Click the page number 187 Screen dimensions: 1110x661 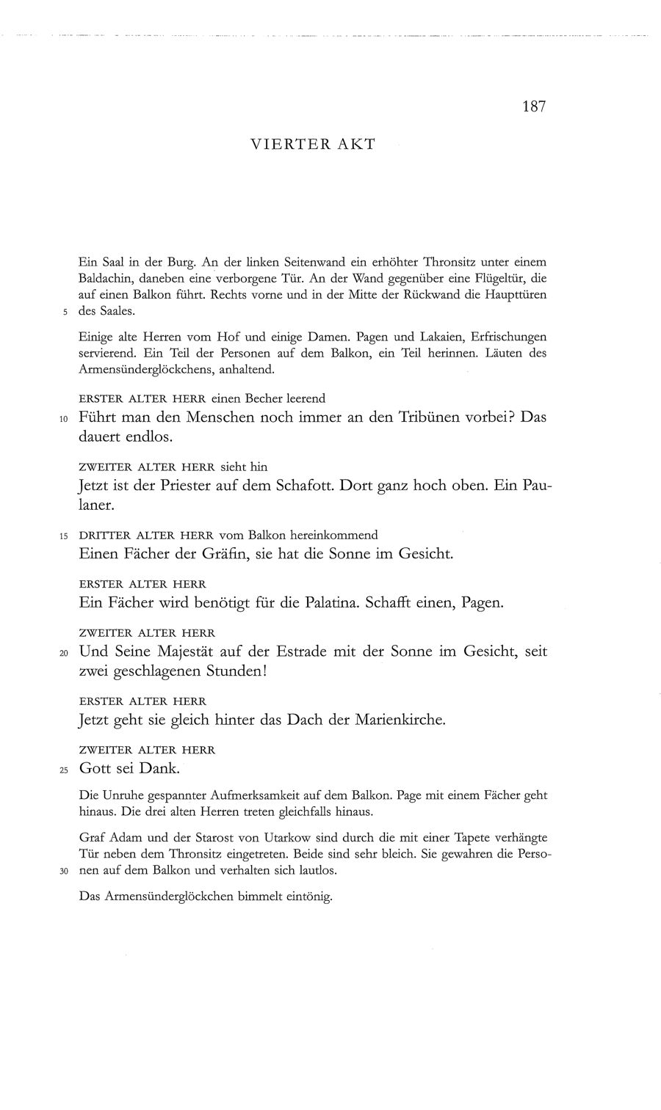click(x=534, y=107)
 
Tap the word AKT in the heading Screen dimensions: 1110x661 click(x=356, y=145)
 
